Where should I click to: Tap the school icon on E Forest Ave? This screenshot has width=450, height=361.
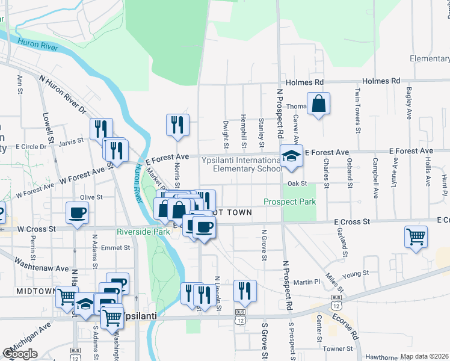291,156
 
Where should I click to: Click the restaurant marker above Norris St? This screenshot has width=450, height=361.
177,125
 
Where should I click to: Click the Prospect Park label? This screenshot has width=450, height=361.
290,202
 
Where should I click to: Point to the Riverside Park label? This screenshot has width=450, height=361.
143,231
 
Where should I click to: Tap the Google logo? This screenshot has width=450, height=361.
20,354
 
